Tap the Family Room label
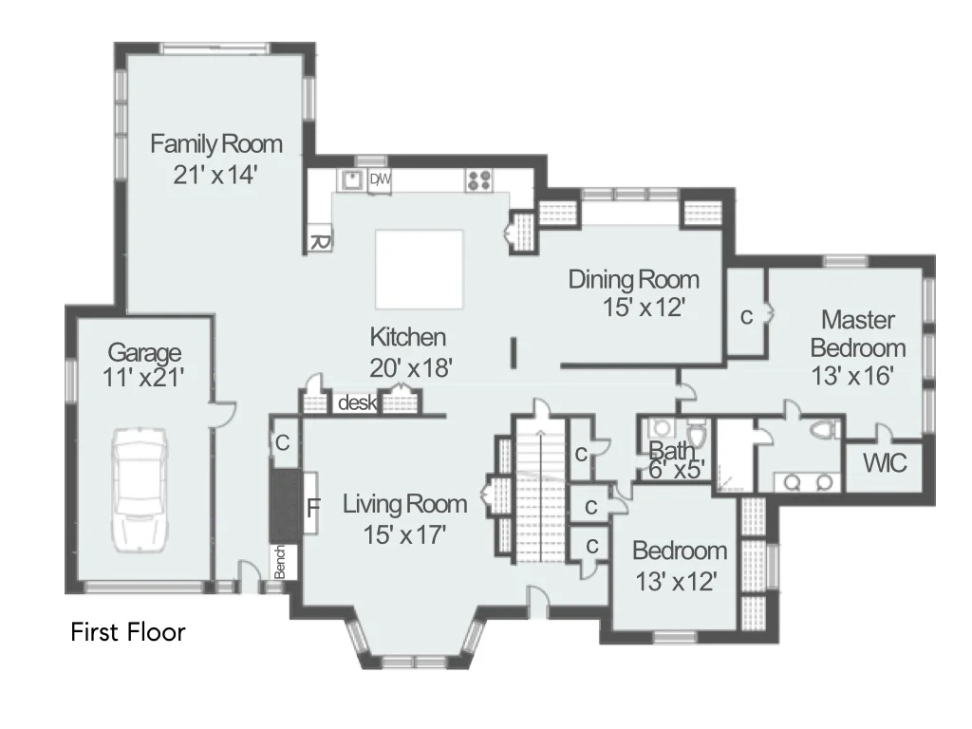point(216,144)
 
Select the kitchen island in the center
point(419,269)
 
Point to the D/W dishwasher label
point(380,179)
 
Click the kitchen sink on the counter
point(352,179)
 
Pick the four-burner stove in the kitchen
point(479,179)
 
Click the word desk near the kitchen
point(357,402)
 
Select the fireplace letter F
point(313,509)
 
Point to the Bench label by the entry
point(280,562)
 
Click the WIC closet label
point(885,463)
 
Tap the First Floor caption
point(128,632)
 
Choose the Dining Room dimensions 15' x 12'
point(645,307)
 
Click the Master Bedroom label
point(858,333)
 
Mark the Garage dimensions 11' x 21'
point(143,377)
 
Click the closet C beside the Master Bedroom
point(747,317)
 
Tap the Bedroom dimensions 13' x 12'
point(676,582)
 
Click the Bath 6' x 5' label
point(676,459)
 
